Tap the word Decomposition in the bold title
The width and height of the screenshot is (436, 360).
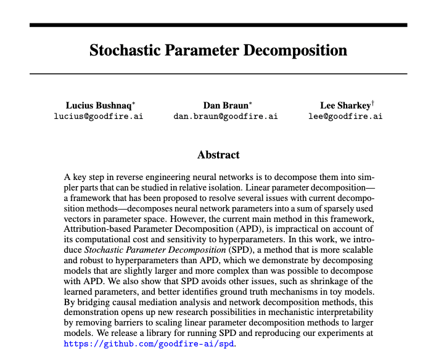[294, 50]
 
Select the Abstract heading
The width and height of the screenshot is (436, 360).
[218, 155]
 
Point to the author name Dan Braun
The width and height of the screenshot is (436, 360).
[223, 105]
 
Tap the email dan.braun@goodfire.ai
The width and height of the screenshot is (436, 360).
[226, 116]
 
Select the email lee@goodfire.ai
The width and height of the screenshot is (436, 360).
[345, 116]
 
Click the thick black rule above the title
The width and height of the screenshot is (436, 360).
[218, 25]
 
